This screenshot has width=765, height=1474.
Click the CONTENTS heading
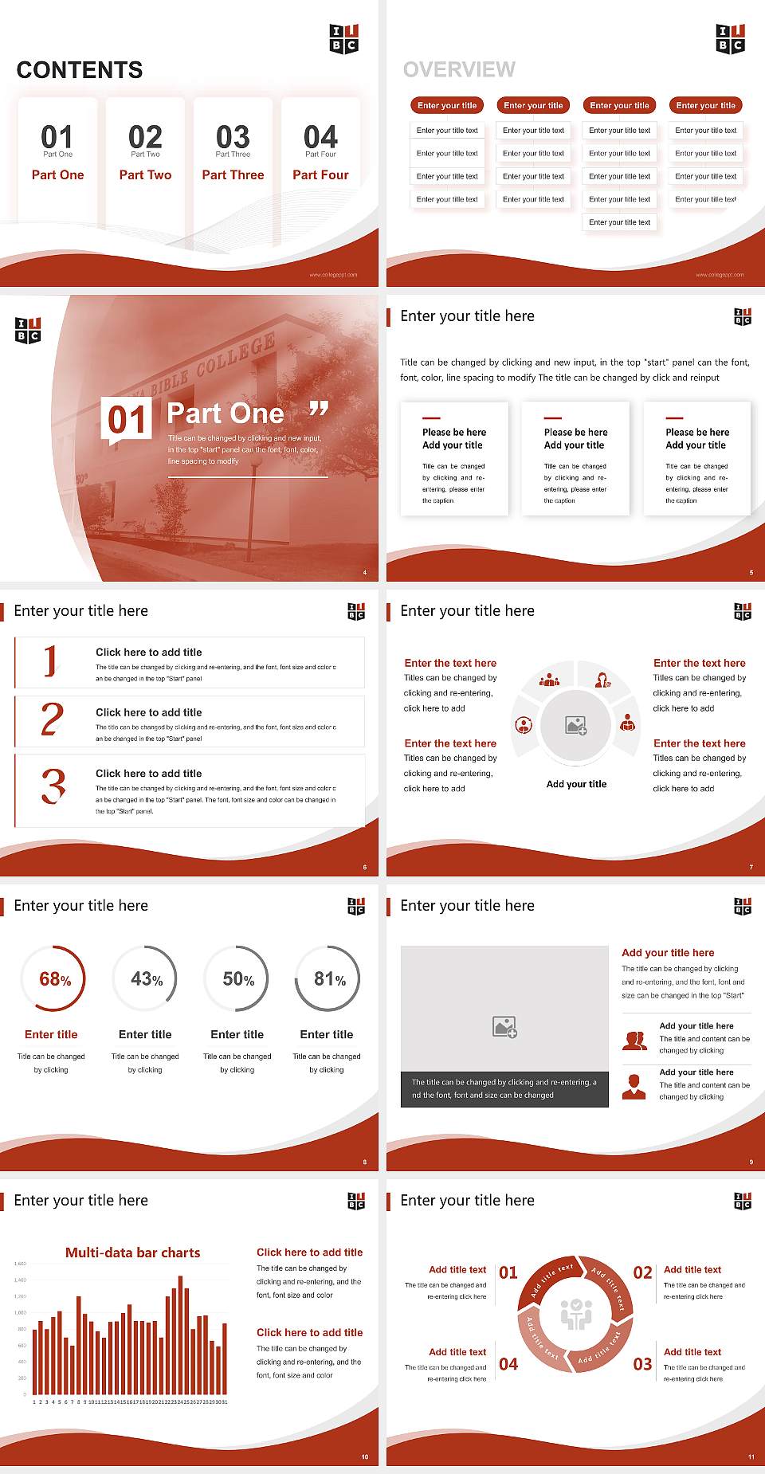coord(80,70)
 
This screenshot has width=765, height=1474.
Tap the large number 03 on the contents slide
coord(233,137)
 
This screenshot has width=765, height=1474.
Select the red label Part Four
coord(320,174)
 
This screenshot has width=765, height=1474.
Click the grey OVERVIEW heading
coord(459,69)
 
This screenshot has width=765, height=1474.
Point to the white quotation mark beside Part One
coord(319,410)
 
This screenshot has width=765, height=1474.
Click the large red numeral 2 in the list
coord(52,719)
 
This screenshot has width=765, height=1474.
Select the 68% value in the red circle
coord(55,979)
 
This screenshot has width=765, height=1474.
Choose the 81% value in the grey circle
coord(329,979)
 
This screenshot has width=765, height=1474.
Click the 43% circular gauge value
coord(147,979)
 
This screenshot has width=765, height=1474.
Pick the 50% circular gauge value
coord(238,979)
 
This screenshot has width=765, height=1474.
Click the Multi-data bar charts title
coord(133,1253)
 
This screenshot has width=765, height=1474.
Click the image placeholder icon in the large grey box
coord(504,1027)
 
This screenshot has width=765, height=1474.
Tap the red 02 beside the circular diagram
coord(642,1272)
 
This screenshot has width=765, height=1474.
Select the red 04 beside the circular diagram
coord(508,1364)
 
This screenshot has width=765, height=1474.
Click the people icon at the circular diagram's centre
coord(576,1314)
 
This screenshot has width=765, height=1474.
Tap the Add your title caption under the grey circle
coord(576,784)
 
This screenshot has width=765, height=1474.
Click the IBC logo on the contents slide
coord(344,38)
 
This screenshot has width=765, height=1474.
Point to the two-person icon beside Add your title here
coord(634,1041)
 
